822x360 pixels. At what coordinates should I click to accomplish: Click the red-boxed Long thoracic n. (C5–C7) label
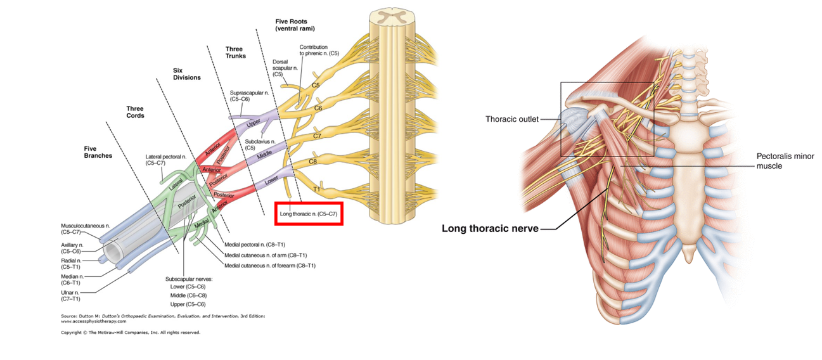307,214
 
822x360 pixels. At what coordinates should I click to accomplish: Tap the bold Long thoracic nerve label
489,228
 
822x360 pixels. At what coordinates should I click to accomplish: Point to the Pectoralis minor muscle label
785,161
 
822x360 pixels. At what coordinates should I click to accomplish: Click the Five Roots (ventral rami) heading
295,25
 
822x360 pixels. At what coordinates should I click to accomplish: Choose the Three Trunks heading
236,52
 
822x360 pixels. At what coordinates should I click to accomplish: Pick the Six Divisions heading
186,74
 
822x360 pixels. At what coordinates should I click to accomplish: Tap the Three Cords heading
135,112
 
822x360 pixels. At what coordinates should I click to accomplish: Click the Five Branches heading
98,151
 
